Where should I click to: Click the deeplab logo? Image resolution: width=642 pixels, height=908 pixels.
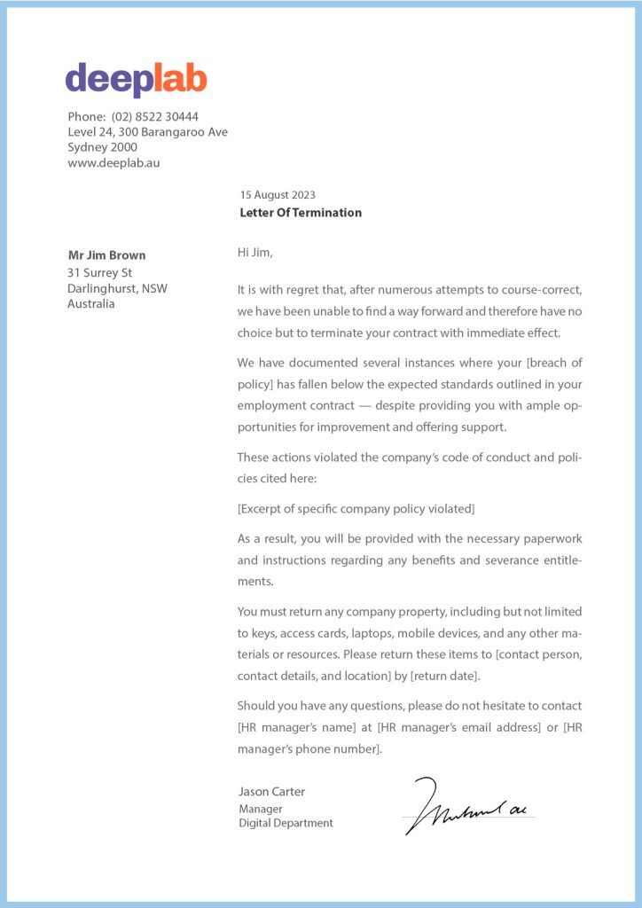click(x=136, y=80)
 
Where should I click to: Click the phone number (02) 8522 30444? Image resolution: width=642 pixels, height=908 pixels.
click(x=155, y=116)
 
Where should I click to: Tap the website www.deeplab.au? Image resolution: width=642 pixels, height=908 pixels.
click(x=114, y=162)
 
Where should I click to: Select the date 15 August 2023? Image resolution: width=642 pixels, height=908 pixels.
click(x=278, y=195)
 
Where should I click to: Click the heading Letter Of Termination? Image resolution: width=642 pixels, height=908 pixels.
click(x=301, y=213)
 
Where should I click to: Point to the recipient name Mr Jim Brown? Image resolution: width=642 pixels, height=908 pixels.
click(x=106, y=255)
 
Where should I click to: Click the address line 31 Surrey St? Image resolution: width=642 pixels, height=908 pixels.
click(x=99, y=272)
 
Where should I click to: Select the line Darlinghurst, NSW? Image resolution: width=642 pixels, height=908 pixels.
click(x=117, y=288)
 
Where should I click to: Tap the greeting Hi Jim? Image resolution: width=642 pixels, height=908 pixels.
click(x=255, y=253)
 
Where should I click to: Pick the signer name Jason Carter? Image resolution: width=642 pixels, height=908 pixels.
click(x=271, y=791)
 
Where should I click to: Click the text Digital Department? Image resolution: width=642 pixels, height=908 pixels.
click(x=286, y=823)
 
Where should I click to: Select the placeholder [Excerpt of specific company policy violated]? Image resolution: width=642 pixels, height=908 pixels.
click(x=356, y=509)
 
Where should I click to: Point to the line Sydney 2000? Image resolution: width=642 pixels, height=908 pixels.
click(x=102, y=147)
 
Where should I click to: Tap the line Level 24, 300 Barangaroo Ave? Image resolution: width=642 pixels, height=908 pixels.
click(x=147, y=132)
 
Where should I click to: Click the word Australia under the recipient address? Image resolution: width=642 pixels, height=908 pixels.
click(x=91, y=304)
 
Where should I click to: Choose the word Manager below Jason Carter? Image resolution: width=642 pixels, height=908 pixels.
click(x=261, y=809)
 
